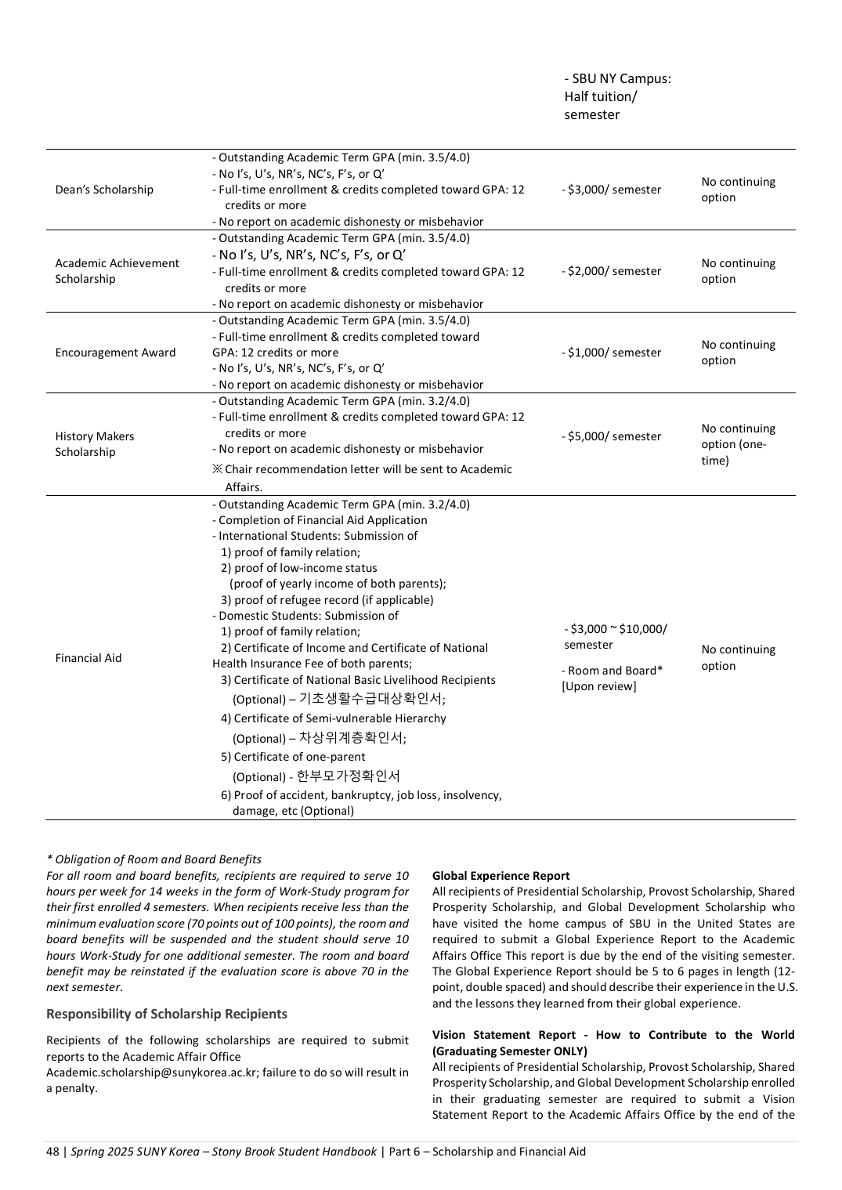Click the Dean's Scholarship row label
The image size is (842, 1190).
pyautogui.click(x=104, y=190)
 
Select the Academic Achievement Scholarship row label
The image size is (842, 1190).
pyautogui.click(x=117, y=271)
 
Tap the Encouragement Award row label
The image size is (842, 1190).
pyautogui.click(x=115, y=353)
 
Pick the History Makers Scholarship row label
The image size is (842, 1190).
pyautogui.click(x=94, y=444)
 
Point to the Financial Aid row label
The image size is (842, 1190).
pyautogui.click(x=89, y=658)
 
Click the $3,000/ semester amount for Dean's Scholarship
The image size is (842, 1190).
pyautogui.click(x=612, y=190)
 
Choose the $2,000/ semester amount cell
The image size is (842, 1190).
pyautogui.click(x=612, y=271)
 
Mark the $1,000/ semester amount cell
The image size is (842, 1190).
pyautogui.click(x=612, y=353)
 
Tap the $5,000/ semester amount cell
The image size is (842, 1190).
pyautogui.click(x=612, y=436)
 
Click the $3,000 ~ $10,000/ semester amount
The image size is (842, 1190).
pyautogui.click(x=615, y=637)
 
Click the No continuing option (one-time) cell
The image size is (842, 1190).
pyautogui.click(x=738, y=444)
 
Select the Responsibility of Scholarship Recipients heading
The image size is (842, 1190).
pyautogui.click(x=166, y=1014)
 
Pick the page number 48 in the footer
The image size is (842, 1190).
pyautogui.click(x=52, y=1152)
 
